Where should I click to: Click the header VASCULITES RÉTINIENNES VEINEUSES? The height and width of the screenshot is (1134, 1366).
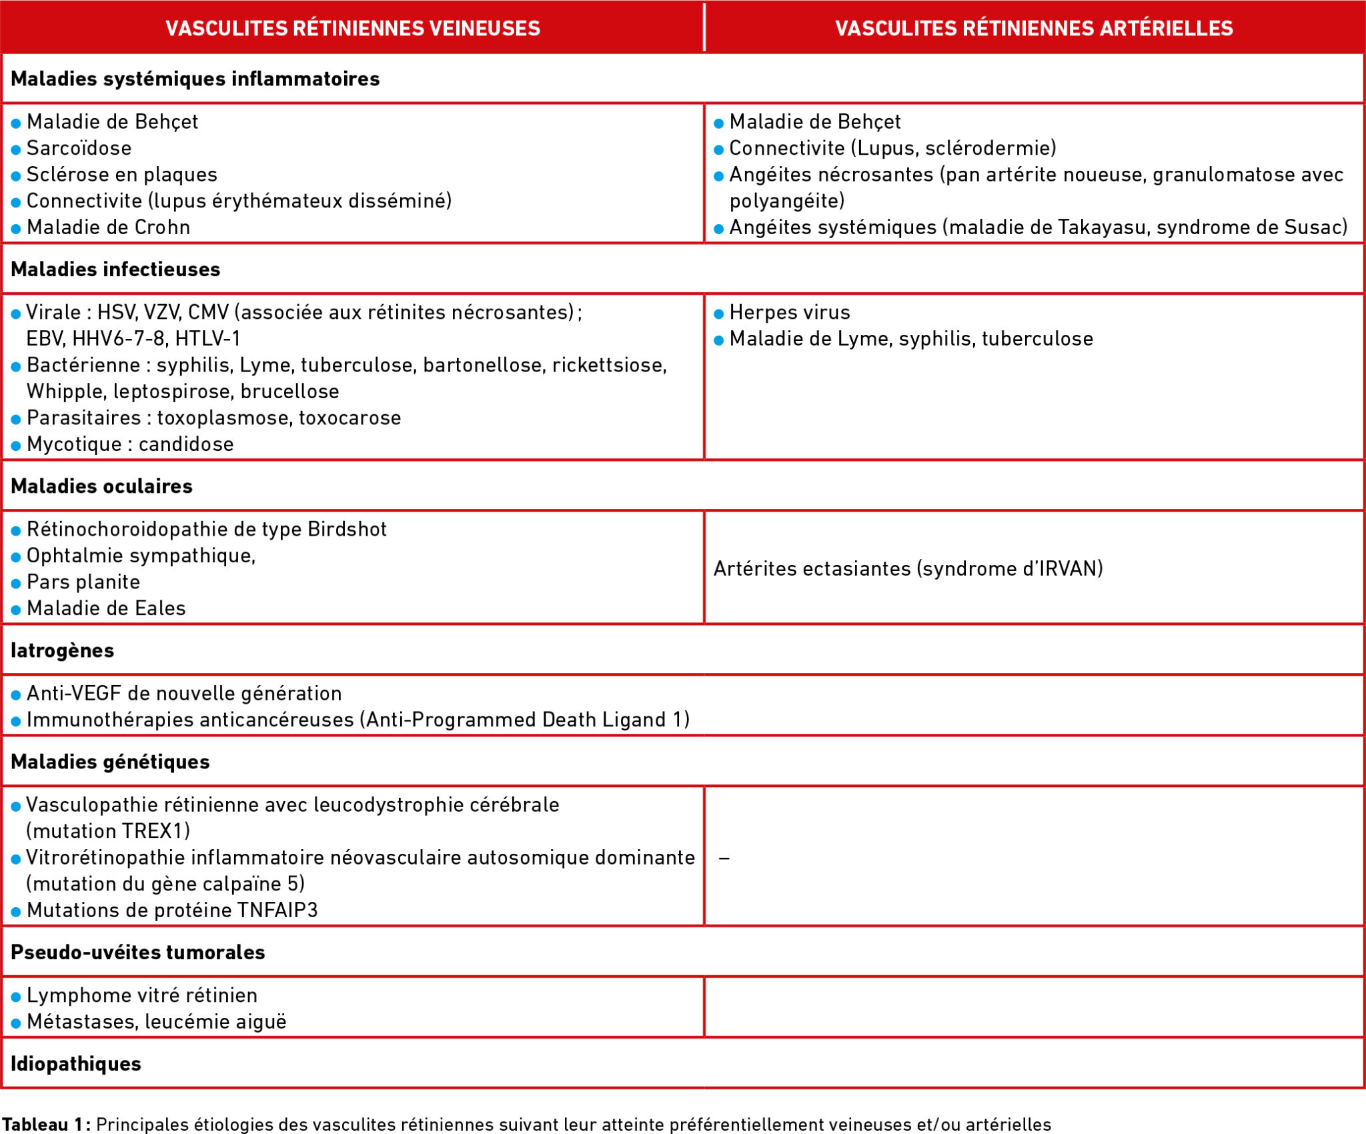tap(353, 28)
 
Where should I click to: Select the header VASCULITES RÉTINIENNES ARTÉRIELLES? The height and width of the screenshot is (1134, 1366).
tap(1034, 28)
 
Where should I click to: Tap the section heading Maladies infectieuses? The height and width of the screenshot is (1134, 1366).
tap(115, 269)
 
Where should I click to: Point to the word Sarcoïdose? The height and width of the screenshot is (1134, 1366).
tap(79, 148)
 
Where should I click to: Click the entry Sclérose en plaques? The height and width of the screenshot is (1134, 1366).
tap(122, 175)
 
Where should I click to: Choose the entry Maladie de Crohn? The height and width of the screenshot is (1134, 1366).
tap(109, 227)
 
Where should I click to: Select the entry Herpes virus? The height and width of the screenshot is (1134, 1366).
tap(790, 312)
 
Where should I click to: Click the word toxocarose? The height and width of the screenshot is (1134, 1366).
tap(350, 418)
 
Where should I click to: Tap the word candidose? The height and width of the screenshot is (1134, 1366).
tap(186, 444)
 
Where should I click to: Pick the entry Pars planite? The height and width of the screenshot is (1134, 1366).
tap(83, 582)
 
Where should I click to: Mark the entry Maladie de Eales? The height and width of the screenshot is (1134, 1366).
tap(106, 608)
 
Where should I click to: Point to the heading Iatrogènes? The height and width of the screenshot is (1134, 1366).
tap(63, 650)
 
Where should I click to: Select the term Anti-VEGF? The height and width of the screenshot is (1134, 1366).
tap(74, 694)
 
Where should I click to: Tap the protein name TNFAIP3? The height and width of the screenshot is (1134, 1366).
tap(270, 911)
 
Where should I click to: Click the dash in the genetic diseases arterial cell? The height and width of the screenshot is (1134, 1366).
tap(724, 858)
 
